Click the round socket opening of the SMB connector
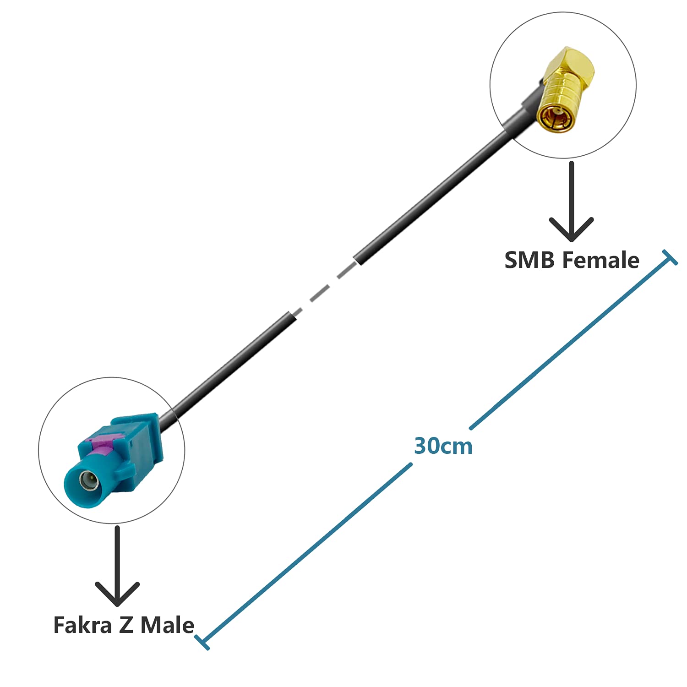(x=555, y=118)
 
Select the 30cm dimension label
(x=443, y=446)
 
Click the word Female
(x=600, y=260)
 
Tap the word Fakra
(x=82, y=625)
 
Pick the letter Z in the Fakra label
(x=126, y=625)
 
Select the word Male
(x=167, y=625)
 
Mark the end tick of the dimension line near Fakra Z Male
(x=202, y=642)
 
